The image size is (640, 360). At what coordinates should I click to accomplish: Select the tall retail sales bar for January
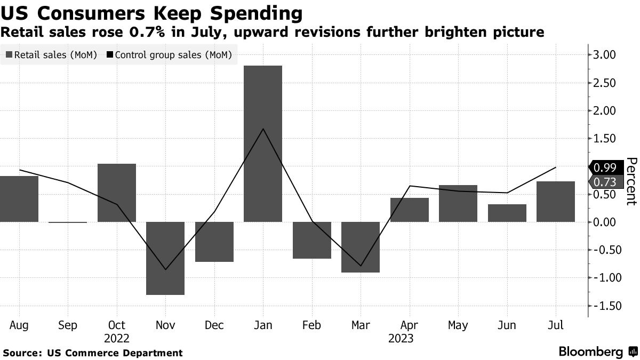click(x=262, y=143)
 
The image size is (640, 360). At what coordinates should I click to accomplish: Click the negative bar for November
click(x=165, y=258)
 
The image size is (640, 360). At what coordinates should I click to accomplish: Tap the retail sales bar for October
click(x=116, y=193)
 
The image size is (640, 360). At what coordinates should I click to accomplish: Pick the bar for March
click(x=360, y=247)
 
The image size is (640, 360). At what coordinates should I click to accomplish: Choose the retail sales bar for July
click(x=555, y=202)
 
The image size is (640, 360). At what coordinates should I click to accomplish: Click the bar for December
click(x=214, y=242)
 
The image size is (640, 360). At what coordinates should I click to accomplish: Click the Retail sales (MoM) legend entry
click(x=51, y=55)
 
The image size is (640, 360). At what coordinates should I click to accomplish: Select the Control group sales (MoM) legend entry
click(x=170, y=55)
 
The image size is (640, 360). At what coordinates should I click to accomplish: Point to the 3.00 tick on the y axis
click(x=604, y=55)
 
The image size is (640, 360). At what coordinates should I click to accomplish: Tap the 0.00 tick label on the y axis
click(x=604, y=222)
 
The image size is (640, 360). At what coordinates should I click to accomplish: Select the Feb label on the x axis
click(x=311, y=325)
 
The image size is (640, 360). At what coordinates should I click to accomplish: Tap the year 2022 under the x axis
click(x=116, y=338)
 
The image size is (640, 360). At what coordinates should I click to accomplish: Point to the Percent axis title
click(x=631, y=181)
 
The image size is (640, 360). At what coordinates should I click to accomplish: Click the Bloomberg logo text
click(x=590, y=352)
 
